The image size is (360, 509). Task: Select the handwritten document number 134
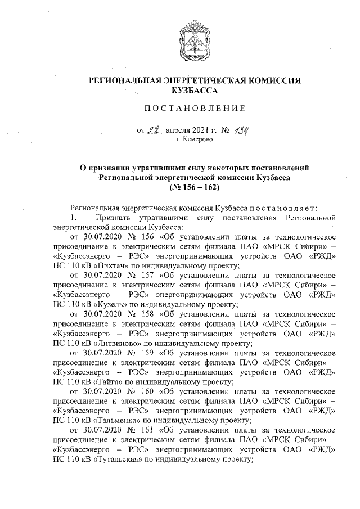tap(240, 129)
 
